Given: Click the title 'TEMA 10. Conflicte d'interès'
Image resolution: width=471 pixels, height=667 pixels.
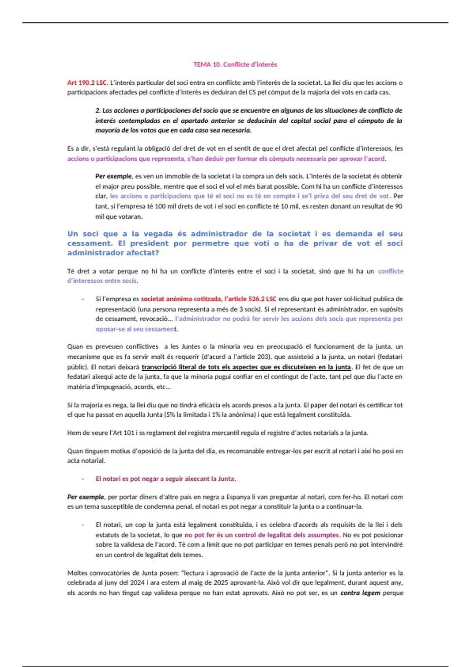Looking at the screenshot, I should (235, 64).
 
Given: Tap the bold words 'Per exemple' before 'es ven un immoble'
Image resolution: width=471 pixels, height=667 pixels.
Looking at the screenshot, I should (113, 176).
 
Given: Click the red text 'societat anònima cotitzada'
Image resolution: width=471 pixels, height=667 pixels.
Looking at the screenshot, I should (181, 299).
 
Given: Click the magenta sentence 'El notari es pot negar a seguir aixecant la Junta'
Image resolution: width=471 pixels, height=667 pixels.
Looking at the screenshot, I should (165, 479).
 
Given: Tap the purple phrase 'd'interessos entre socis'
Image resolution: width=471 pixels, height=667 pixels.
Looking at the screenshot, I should (102, 281).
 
